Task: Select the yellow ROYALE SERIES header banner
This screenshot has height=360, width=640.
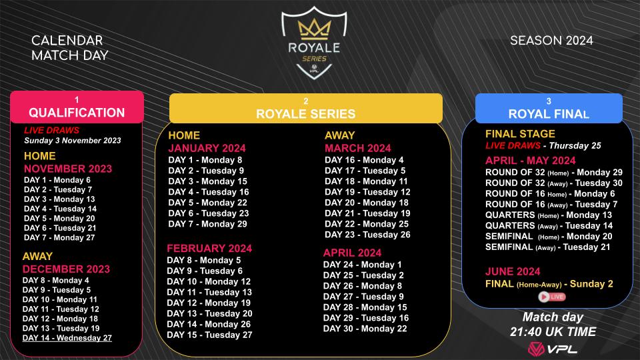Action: click(305, 108)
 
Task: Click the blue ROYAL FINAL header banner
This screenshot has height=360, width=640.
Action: click(548, 108)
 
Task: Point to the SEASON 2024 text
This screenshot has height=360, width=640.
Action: click(551, 41)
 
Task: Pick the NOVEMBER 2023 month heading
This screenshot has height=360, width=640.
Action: click(68, 169)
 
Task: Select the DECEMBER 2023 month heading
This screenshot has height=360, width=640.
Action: click(66, 269)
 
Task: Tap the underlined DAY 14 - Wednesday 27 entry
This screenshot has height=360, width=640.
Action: click(67, 338)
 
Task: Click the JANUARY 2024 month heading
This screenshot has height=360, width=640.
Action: click(207, 148)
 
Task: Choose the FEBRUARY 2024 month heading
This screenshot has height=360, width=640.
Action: click(209, 248)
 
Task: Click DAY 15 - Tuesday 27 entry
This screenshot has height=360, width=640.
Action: click(209, 335)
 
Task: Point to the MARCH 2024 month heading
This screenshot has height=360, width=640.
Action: click(358, 148)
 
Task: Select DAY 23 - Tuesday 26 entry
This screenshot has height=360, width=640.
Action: click(367, 234)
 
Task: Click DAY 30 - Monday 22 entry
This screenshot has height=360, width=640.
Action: click(365, 329)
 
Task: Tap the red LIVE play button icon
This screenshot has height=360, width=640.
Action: click(547, 297)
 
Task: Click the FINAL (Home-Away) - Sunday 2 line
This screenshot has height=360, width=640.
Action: click(549, 284)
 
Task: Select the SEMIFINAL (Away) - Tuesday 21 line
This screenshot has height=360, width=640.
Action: click(547, 247)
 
